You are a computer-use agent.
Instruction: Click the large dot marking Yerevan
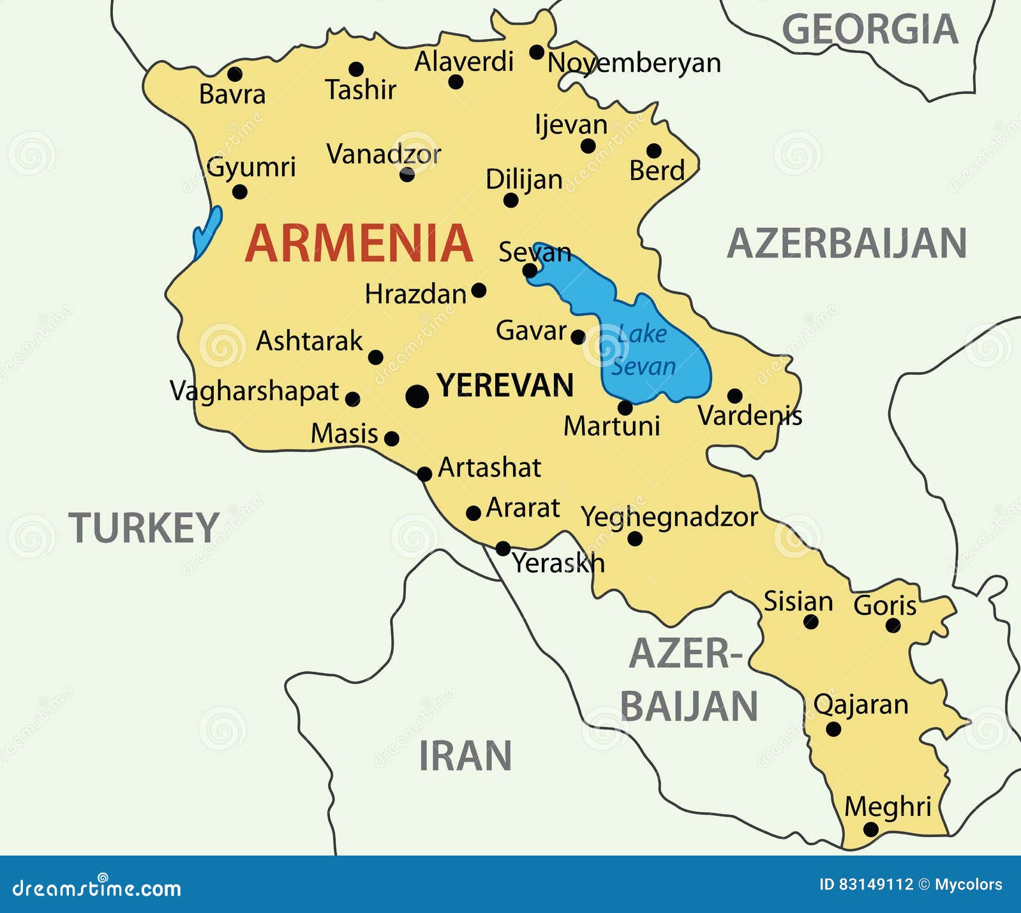point(417,396)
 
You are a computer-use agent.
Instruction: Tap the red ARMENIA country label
point(359,243)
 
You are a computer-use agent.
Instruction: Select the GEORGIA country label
point(870,29)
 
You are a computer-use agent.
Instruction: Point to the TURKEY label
point(144,528)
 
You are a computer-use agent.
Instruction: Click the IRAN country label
point(465,756)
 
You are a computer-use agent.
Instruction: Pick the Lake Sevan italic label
point(642,350)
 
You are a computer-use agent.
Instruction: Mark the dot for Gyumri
point(240,192)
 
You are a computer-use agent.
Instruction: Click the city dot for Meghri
point(870,829)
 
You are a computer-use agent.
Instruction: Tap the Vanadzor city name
point(384,154)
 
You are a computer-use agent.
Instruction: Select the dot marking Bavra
point(235,74)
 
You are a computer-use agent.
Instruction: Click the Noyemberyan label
point(634,63)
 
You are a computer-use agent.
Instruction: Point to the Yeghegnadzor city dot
point(635,539)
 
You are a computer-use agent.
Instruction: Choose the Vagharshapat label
point(254,391)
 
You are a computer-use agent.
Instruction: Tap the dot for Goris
point(893,626)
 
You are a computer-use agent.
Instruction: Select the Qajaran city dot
point(833,729)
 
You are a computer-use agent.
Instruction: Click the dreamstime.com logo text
point(97,888)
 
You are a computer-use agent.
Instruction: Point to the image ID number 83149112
point(876,884)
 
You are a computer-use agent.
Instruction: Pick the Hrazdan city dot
point(479,291)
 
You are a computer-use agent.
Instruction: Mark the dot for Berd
point(654,151)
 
